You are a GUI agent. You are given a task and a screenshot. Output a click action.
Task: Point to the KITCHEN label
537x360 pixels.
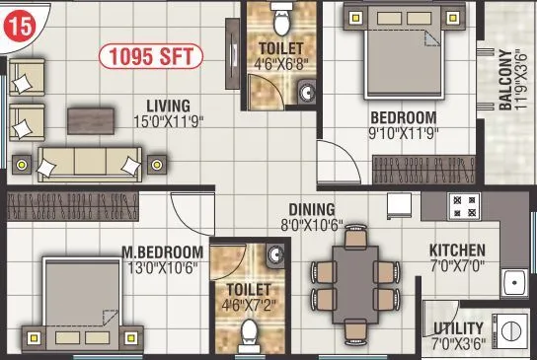(x=457, y=250)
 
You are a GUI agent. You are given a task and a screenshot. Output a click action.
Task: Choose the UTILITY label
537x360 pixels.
(x=459, y=327)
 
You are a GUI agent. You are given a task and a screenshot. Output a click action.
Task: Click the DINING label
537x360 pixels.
(x=311, y=209)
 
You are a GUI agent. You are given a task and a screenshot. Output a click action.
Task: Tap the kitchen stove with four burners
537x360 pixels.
(x=462, y=205)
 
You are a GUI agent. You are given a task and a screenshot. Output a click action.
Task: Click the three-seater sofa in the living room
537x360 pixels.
(x=88, y=161)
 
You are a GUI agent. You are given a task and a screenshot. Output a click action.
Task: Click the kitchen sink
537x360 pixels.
(x=513, y=284)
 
